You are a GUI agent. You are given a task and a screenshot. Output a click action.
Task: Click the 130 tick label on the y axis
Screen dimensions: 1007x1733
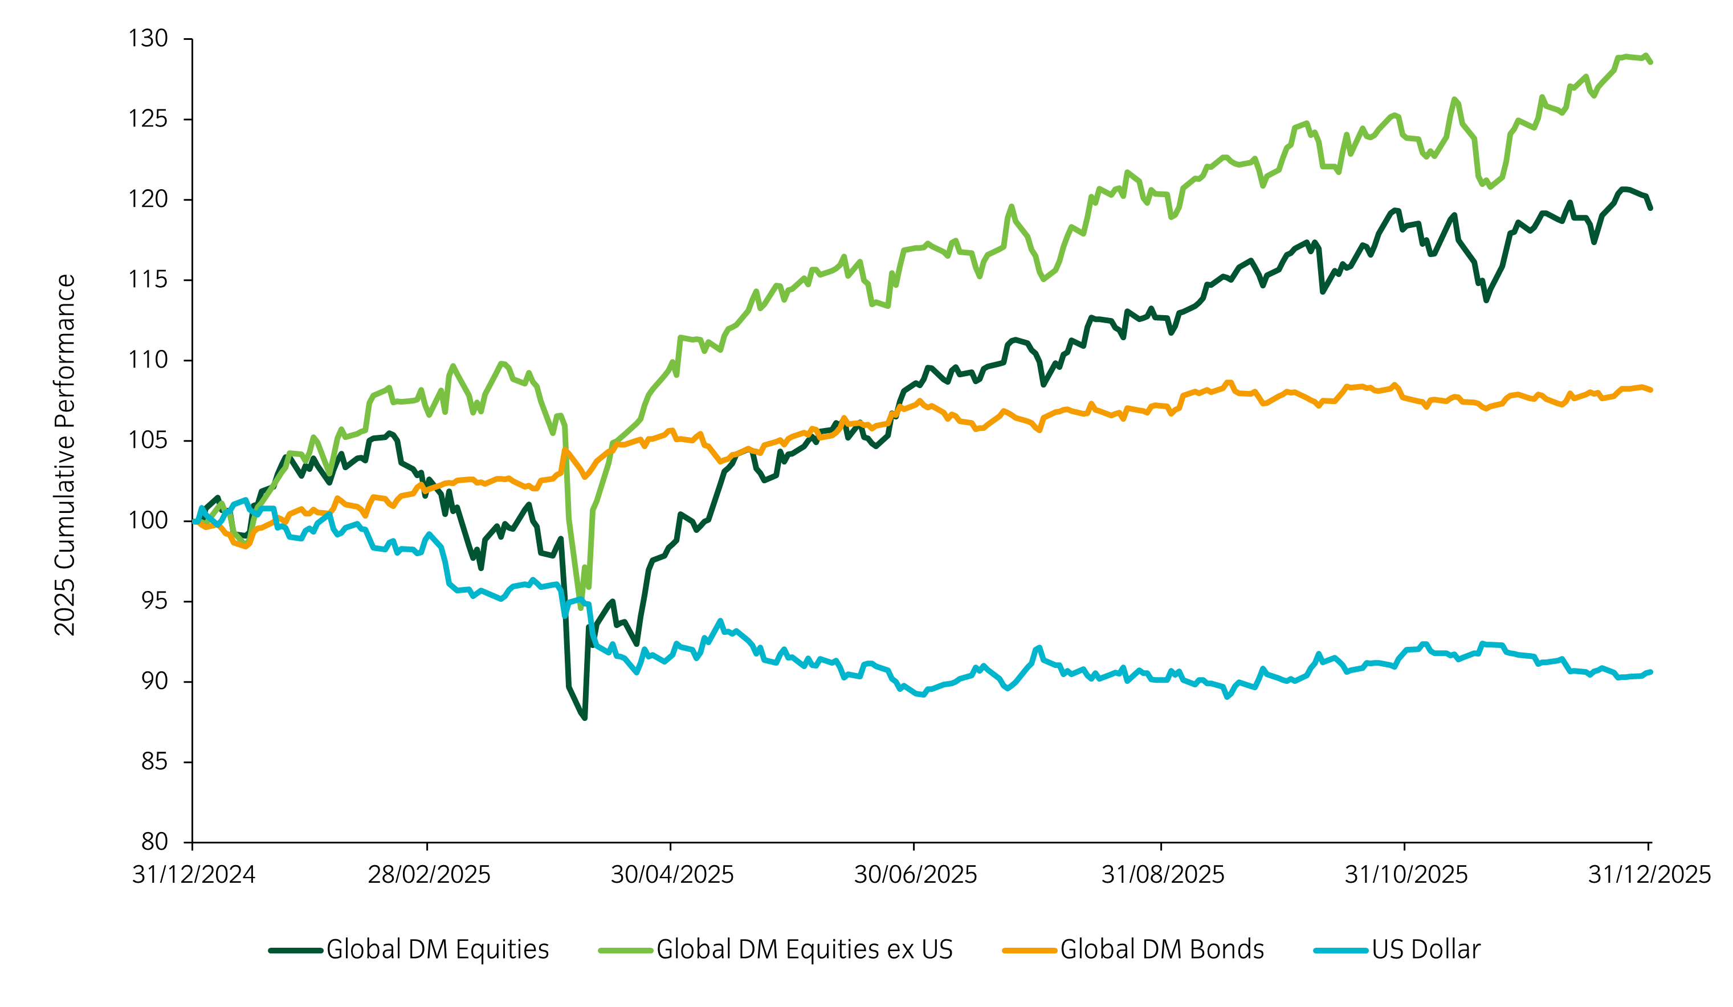(148, 39)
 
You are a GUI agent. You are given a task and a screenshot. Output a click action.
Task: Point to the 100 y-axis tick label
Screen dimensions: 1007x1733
(148, 521)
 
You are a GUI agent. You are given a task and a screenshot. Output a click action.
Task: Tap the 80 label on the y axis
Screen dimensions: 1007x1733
(154, 841)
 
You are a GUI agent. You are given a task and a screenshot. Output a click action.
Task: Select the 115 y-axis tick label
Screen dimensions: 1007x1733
(148, 280)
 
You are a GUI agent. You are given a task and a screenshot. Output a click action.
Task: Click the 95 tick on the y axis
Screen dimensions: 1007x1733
(154, 601)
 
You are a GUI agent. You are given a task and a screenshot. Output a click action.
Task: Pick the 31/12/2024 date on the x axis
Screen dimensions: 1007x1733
(193, 875)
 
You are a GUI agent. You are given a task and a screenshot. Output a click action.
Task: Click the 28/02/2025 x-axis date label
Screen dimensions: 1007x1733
(429, 875)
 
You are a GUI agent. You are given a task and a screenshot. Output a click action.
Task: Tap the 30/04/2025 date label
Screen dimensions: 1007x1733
(672, 875)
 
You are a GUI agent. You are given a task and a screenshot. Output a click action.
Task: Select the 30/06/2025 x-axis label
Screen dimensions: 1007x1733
(915, 875)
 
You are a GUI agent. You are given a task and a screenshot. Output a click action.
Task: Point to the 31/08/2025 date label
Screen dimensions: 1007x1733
(1163, 875)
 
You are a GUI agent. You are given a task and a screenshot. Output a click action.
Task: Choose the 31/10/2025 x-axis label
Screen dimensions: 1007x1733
(1406, 875)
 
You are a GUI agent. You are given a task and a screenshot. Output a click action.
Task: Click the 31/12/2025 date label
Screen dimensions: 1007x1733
(1649, 875)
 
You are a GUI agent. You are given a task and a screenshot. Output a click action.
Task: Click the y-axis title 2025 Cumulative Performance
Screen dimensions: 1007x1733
(64, 455)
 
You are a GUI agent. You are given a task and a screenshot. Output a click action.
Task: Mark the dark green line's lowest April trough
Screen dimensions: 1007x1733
(585, 718)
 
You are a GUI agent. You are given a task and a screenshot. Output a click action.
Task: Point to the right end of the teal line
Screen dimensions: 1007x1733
(1650, 672)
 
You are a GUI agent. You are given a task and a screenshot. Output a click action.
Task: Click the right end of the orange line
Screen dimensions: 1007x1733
(1650, 390)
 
